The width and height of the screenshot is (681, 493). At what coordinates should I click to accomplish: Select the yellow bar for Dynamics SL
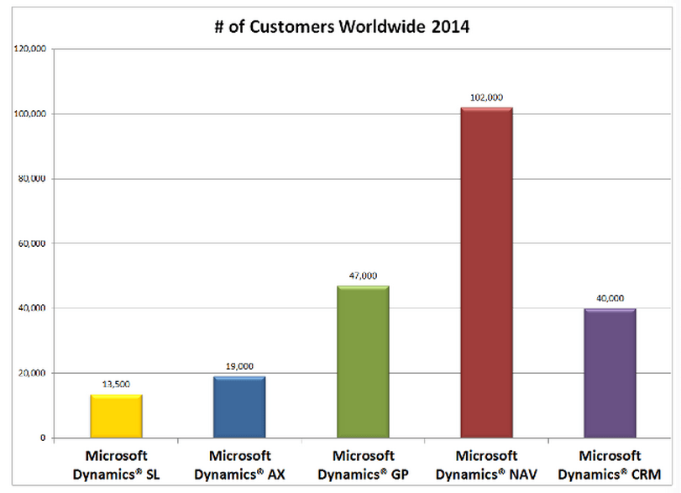pos(117,416)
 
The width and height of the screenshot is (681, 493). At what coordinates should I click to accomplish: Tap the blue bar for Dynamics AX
pos(240,407)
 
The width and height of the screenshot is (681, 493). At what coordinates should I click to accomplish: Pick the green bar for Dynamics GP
pos(364,362)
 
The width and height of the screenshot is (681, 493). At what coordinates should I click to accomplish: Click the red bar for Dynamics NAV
pos(487,273)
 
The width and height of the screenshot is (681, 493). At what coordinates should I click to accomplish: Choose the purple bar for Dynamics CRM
pos(610,373)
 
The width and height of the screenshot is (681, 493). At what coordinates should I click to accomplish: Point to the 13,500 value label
pos(117,385)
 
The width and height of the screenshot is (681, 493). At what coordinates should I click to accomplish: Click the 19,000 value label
pos(240,368)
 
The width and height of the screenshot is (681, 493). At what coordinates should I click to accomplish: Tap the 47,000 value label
pos(364,276)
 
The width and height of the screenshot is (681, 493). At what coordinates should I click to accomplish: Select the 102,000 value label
pos(487,98)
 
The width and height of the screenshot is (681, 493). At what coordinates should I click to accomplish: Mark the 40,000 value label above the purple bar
pos(610,299)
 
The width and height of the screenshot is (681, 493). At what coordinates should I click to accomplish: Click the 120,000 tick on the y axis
pos(31,49)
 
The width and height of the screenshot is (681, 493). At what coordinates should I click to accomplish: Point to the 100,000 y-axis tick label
pos(31,113)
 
